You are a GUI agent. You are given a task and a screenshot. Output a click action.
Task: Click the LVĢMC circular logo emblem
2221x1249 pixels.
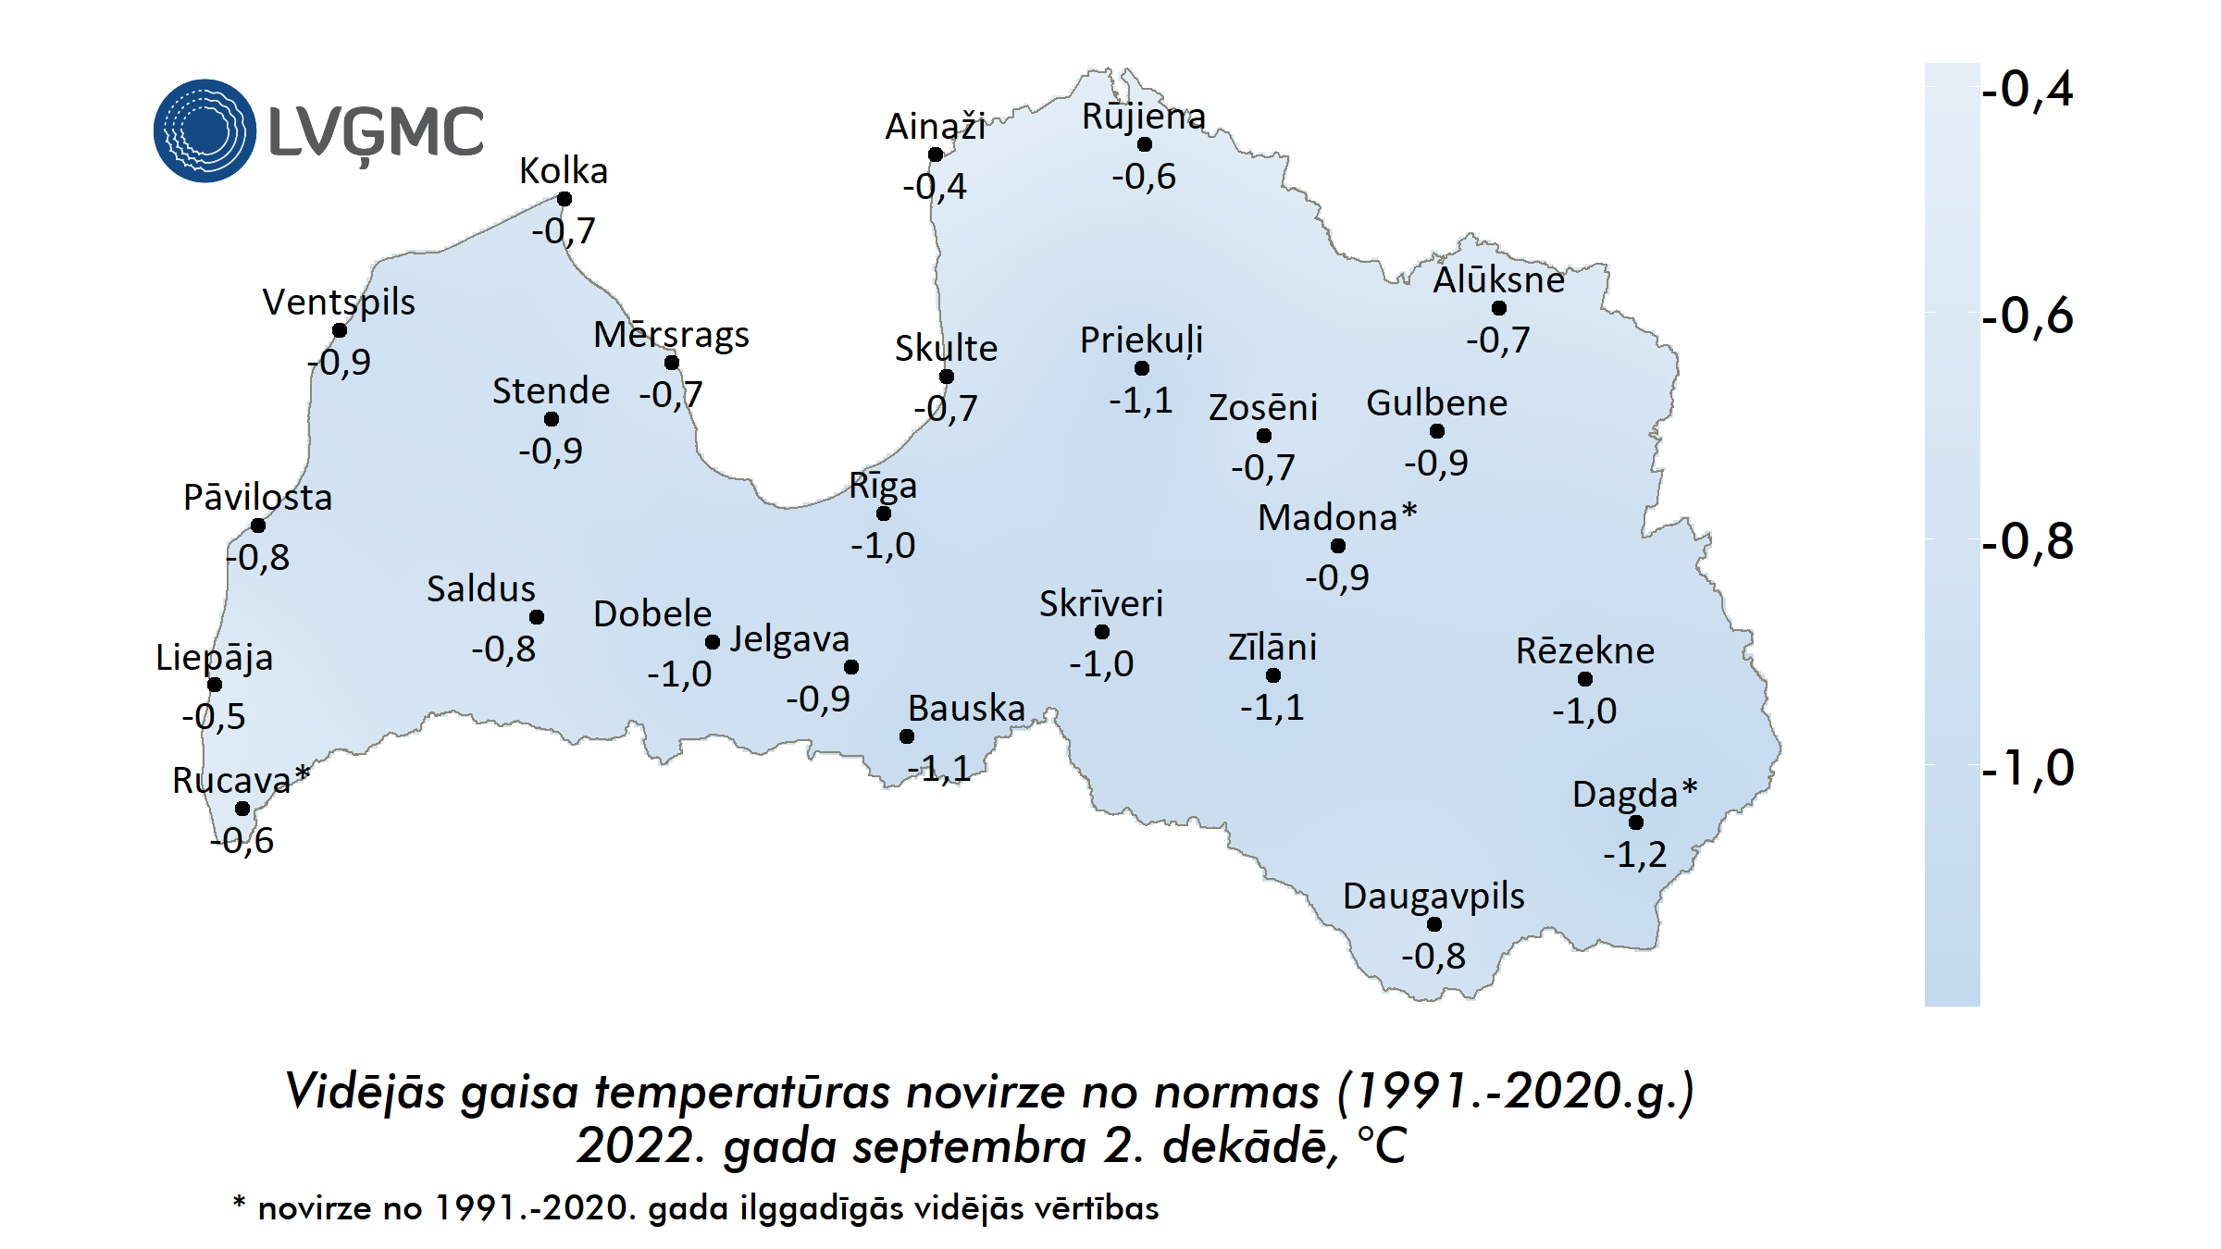pos(205,130)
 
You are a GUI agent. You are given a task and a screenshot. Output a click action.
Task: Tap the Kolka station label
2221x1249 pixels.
pos(563,171)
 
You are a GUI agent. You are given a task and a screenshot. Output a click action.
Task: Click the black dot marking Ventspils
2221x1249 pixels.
pos(340,330)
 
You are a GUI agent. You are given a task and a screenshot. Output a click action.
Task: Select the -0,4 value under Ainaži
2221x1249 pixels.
pos(935,187)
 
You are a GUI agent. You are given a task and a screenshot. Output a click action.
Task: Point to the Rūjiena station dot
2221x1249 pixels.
pos(1145,144)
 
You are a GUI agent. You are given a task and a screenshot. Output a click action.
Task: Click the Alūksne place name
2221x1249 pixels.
pos(1498,280)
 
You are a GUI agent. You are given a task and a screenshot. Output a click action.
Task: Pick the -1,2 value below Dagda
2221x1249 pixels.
pos(1634,854)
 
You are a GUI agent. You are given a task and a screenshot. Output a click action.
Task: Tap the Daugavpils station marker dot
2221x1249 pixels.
pos(1434,924)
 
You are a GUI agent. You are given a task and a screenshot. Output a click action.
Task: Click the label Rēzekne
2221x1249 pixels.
pos(1584,651)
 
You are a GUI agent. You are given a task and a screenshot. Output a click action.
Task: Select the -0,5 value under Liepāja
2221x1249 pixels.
pos(214,717)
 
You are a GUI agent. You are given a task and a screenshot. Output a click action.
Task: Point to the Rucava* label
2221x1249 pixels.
pos(241,780)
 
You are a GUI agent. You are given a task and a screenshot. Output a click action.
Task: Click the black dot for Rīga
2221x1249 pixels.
pos(884,513)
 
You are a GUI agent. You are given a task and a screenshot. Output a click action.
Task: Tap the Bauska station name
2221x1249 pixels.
pos(966,709)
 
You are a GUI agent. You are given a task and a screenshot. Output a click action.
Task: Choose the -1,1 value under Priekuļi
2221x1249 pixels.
pos(1141,401)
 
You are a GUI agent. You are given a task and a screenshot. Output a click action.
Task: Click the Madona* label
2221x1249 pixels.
pos(1337,517)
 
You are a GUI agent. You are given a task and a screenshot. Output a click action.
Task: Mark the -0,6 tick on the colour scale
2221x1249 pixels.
pos(2027,316)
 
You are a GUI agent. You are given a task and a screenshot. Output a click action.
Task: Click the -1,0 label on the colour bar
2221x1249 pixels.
pos(2027,769)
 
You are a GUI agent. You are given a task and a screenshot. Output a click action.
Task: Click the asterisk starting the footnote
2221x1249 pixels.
pos(239,1203)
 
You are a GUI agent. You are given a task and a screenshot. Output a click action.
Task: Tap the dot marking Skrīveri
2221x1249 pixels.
pos(1102,632)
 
